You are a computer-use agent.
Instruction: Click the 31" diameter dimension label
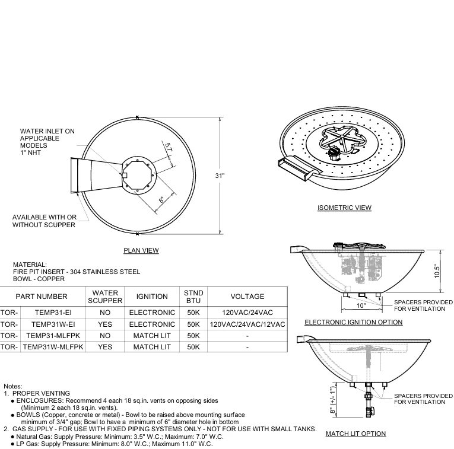point(220,176)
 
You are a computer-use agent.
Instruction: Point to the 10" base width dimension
point(361,305)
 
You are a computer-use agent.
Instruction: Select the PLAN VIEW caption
point(141,250)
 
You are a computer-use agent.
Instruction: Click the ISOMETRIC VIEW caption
point(344,208)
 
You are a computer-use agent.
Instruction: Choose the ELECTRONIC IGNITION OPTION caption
point(353,322)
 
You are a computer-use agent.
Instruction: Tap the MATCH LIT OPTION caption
point(355,434)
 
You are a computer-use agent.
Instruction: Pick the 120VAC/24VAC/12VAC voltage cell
point(247,324)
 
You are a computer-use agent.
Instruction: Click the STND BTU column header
point(193,297)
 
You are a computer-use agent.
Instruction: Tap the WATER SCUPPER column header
point(104,297)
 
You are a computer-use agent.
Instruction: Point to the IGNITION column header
point(152,297)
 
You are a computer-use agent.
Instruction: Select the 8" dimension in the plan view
point(161,200)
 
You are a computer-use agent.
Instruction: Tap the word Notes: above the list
point(12,386)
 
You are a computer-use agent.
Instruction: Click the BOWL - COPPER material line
point(39,279)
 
